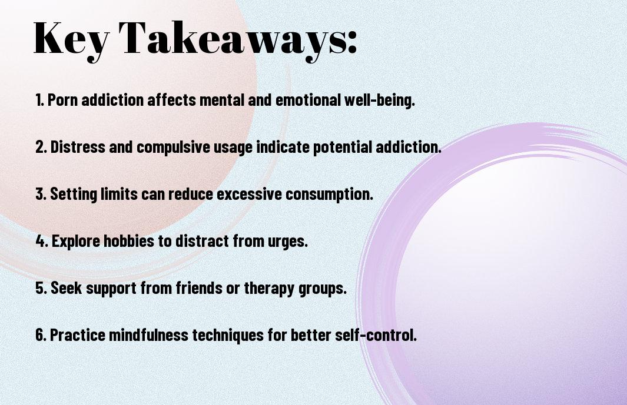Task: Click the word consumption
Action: coord(329,195)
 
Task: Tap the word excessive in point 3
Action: coord(250,194)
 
